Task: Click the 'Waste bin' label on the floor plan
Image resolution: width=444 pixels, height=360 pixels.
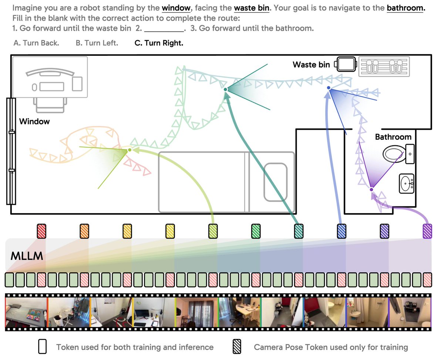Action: coord(311,65)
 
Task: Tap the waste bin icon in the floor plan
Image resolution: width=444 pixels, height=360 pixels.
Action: coord(346,64)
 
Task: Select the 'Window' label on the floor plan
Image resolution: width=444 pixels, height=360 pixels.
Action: coord(34,121)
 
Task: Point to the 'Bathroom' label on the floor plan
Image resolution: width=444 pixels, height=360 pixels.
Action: coord(393,137)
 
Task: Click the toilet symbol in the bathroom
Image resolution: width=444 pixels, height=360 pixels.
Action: coord(398,154)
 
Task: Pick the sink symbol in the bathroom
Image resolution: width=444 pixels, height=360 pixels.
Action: coord(406,184)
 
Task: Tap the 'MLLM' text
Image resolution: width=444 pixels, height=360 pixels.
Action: coord(27,256)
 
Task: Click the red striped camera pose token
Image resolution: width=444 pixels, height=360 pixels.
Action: coord(41,231)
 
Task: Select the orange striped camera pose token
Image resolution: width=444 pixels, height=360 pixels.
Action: coord(84,231)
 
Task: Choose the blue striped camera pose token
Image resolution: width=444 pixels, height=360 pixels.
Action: coord(342,231)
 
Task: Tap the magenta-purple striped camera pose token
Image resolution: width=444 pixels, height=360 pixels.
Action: coord(427,231)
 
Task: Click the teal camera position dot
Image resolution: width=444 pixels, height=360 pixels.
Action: coord(225,90)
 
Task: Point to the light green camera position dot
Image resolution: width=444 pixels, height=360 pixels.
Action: coord(129,150)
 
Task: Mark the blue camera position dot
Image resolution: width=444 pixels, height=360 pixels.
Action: coord(329,88)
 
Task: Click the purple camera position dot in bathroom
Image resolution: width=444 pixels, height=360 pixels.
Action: coord(371,189)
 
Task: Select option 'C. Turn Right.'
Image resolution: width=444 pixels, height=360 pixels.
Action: coord(159,43)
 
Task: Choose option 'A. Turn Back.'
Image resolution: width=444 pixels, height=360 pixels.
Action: coord(36,43)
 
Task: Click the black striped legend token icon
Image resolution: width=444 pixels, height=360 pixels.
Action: coord(237,346)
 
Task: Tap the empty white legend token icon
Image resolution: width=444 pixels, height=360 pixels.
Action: coord(42,346)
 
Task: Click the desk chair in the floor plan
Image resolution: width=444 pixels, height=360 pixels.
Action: coord(50,105)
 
